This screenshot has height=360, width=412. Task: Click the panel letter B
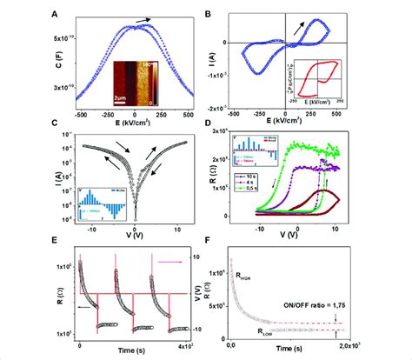click(208, 11)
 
